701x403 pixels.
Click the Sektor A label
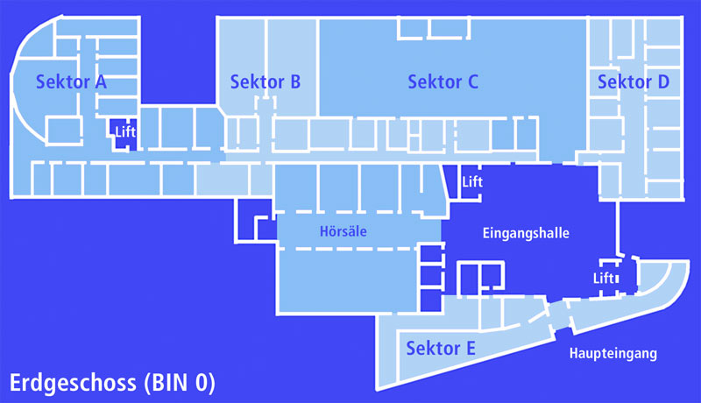pyautogui.click(x=71, y=82)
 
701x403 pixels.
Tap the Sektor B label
pyautogui.click(x=266, y=82)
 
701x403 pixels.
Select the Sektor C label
pyautogui.click(x=443, y=82)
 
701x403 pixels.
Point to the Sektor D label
pyautogui.click(x=634, y=82)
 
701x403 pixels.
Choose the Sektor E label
pyautogui.click(x=441, y=349)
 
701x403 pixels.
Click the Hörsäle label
pyautogui.click(x=343, y=233)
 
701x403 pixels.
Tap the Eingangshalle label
pyautogui.click(x=527, y=234)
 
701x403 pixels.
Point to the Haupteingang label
pyautogui.click(x=612, y=354)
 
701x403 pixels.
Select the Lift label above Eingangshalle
pyautogui.click(x=472, y=181)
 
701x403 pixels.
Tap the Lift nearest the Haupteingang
pyautogui.click(x=605, y=279)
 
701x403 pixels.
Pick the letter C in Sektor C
pyautogui.click(x=471, y=82)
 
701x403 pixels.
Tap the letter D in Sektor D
pyautogui.click(x=662, y=82)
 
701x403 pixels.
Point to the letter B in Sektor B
pyautogui.click(x=294, y=82)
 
